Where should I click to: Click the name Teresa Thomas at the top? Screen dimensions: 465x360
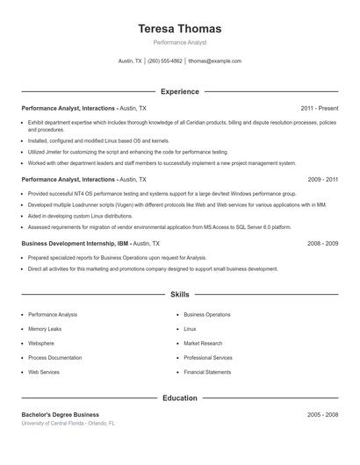tap(179, 28)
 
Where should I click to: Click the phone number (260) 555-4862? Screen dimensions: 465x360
tap(165, 61)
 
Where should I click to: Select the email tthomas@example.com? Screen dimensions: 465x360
tap(215, 61)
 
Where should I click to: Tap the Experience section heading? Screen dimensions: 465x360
tap(179, 91)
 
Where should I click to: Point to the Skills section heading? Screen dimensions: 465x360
tap(179, 295)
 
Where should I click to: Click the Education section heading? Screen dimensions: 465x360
tap(179, 397)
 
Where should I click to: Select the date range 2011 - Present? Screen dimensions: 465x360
tap(319, 108)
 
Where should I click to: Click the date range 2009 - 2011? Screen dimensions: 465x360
tap(322, 179)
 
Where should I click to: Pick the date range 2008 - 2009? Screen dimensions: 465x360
tap(322, 242)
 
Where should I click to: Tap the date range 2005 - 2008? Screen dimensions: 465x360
tap(322, 414)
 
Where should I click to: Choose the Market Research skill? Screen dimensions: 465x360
tap(203, 343)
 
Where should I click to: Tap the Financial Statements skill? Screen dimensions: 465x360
tap(207, 372)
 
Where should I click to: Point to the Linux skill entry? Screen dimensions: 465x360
tap(190, 329)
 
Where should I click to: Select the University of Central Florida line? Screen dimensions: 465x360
tap(68, 423)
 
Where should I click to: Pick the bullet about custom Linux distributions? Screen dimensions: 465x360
tap(81, 215)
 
